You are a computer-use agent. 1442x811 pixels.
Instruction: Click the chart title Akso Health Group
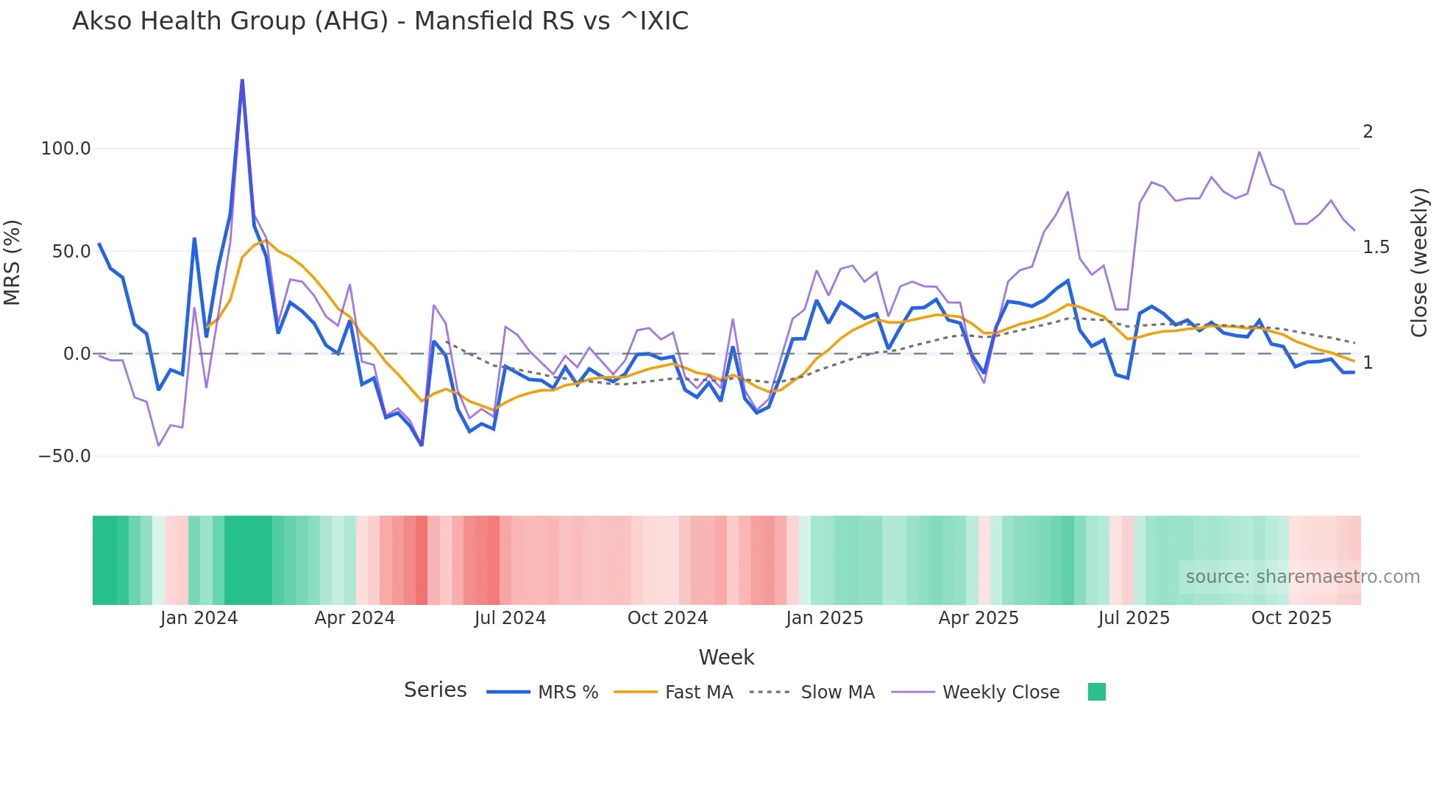(380, 21)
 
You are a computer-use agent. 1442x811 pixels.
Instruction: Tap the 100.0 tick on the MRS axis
(65, 149)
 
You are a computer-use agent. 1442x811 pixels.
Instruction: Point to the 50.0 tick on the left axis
(71, 252)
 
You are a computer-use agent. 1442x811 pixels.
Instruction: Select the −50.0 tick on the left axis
(65, 456)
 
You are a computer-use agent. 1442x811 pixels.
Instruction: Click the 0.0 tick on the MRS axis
(77, 354)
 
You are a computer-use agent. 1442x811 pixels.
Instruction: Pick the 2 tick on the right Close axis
(1368, 132)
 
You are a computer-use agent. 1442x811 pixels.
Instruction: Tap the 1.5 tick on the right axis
(1376, 247)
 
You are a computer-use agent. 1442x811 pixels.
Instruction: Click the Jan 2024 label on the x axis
(199, 618)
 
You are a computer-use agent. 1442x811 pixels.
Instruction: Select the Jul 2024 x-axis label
(510, 618)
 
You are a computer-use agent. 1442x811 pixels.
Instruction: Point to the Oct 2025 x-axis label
(1291, 618)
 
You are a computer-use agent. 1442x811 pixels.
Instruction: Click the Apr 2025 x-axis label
(979, 618)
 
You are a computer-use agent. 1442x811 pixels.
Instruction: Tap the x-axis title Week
(726, 657)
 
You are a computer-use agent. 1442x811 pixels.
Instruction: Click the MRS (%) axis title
(13, 263)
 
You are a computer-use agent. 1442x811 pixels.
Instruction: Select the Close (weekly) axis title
(1419, 263)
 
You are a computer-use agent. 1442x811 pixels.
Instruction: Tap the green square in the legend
(1096, 692)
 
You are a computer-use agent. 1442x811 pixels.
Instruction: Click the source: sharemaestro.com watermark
(1302, 577)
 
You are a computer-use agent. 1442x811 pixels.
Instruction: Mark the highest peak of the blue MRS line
(242, 80)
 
